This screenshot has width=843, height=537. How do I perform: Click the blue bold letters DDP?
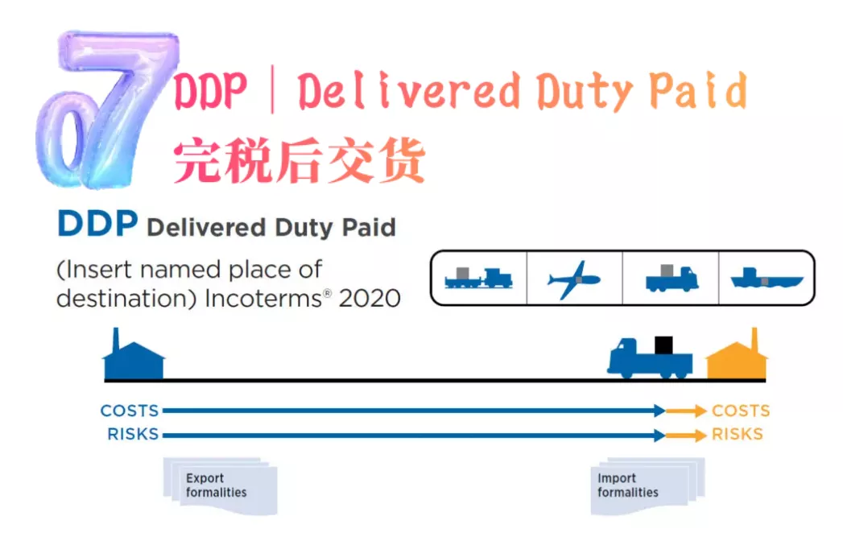(x=97, y=225)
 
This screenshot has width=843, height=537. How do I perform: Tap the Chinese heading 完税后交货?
(x=299, y=159)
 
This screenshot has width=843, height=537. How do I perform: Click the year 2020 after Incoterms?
(x=370, y=298)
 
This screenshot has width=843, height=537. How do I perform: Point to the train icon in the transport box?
(x=479, y=279)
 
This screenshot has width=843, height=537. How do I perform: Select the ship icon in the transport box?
(x=766, y=279)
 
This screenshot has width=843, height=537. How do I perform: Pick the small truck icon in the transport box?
(x=671, y=279)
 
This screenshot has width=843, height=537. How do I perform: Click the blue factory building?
(x=134, y=359)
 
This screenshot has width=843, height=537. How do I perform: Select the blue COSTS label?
(x=129, y=411)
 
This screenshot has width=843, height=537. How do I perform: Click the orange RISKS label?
(x=737, y=435)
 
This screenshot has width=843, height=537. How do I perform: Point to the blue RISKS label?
(x=132, y=435)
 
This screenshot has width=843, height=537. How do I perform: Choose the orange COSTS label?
(x=741, y=411)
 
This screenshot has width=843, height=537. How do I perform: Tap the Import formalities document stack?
(x=644, y=485)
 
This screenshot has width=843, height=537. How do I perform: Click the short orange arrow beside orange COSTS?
(x=686, y=411)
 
